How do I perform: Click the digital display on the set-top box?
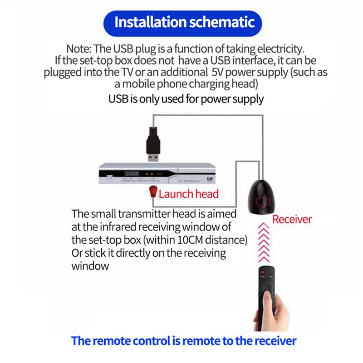coord(132,173)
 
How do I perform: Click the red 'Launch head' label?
coord(188,194)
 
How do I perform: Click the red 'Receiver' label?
coord(292,220)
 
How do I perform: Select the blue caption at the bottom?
coord(184,340)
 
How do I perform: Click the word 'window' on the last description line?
coord(90,266)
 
